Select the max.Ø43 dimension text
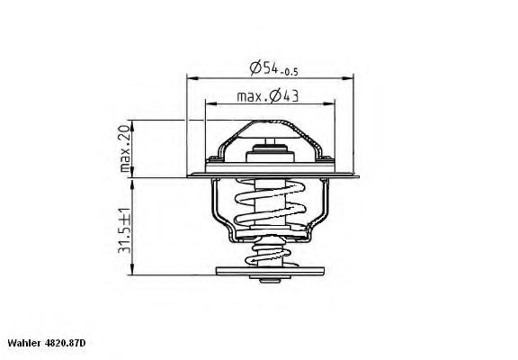(x=267, y=96)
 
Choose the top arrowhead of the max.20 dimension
(x=132, y=120)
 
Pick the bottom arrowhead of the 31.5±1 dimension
(x=132, y=274)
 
